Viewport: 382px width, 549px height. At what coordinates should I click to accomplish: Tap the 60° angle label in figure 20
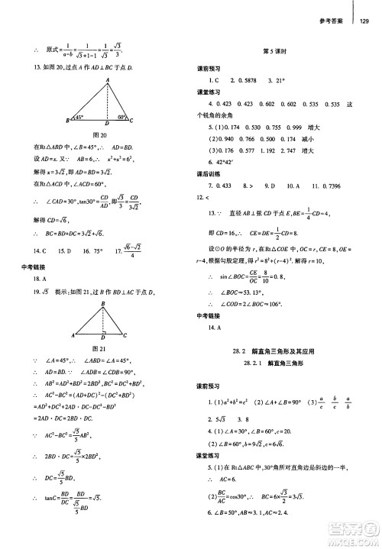tap(121, 118)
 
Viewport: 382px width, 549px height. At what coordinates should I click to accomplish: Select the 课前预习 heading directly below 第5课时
tap(208, 68)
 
